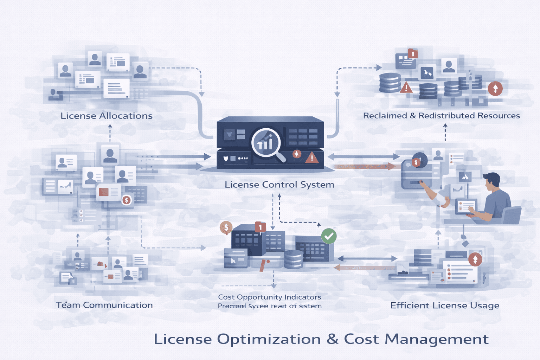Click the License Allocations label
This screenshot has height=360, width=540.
click(107, 116)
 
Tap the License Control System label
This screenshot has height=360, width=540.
click(279, 185)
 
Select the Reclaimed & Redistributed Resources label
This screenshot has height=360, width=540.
click(441, 116)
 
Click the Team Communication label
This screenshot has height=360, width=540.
click(104, 305)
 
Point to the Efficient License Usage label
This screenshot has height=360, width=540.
click(445, 306)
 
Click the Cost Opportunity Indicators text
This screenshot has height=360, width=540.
click(269, 297)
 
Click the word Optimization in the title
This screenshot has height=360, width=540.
click(269, 339)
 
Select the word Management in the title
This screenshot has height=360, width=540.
click(436, 339)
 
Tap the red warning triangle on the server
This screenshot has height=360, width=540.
click(311, 158)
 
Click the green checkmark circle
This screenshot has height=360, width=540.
click(329, 236)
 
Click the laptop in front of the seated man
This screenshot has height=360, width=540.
click(466, 207)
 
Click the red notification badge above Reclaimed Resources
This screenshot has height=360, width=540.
click(412, 54)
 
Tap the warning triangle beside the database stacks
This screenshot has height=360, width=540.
click(406, 87)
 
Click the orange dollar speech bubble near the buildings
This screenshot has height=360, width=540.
click(226, 228)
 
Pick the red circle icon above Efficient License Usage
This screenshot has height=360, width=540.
click(475, 259)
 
